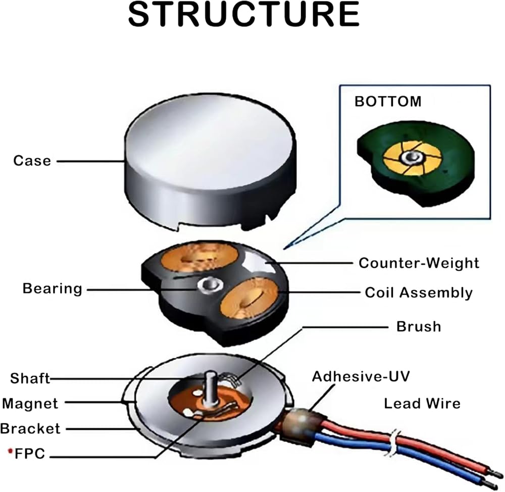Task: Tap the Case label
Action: point(32,161)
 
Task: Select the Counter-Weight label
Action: point(419,263)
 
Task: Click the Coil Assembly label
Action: point(419,292)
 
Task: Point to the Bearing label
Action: point(52,289)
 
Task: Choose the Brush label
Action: point(419,326)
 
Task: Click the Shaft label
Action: point(30,378)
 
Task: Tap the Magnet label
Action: point(30,404)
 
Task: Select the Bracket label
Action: point(30,428)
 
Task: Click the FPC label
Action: point(30,454)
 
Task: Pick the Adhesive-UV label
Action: point(361,376)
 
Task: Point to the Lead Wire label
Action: point(422,404)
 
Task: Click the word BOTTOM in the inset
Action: point(388,101)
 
